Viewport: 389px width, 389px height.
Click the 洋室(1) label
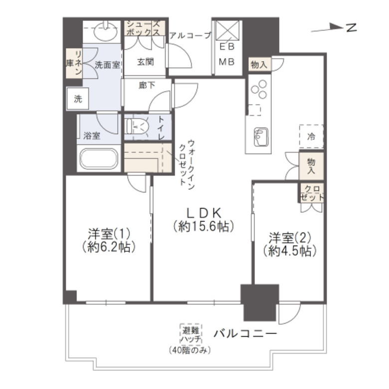pos(108,233)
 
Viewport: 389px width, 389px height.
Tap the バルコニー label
pos(245,333)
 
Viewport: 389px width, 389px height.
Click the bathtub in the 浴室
pos(98,160)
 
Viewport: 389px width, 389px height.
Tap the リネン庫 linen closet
pos(73,63)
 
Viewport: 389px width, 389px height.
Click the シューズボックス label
pos(143,28)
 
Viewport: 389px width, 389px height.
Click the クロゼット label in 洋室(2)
pos(312,193)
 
